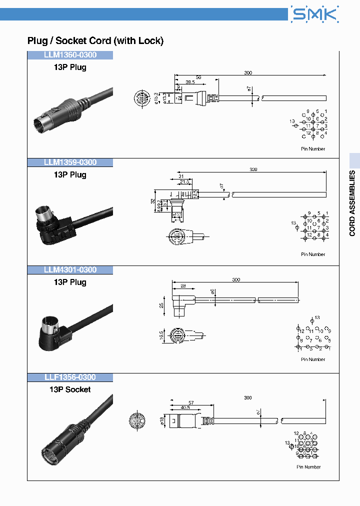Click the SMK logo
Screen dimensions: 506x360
315,14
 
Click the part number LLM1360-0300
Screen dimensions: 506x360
70,55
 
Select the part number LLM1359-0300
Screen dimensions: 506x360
70,162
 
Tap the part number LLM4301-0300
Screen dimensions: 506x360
70,270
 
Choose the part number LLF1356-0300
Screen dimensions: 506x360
70,377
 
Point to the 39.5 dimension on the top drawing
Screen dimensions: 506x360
190,82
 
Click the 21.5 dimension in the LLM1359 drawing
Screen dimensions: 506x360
184,182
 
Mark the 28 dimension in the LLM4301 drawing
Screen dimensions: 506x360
182,285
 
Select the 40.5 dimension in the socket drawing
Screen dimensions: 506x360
186,407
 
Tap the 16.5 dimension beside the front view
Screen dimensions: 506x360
162,334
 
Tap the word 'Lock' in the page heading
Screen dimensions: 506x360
149,41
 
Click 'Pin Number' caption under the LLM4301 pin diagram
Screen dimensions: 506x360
313,359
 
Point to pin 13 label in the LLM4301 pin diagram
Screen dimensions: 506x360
317,318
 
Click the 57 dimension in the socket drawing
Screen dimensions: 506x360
191,402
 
